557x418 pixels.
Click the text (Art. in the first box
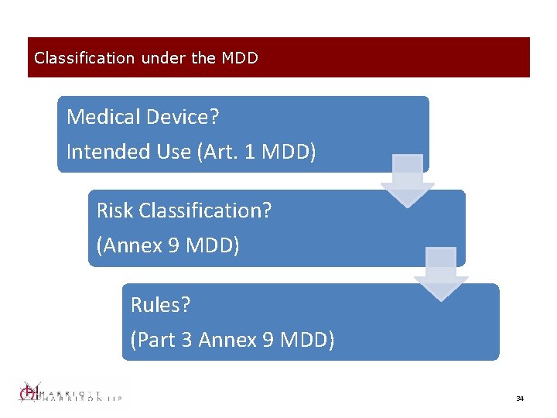[x=217, y=152]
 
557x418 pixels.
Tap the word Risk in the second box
[x=113, y=211]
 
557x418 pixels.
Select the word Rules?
[x=160, y=305]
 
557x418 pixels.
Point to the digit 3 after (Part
[x=191, y=340]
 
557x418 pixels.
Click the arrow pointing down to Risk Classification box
[x=408, y=180]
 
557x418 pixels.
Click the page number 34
[x=520, y=399]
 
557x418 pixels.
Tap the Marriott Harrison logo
[x=70, y=393]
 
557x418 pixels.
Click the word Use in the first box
[x=176, y=152]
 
